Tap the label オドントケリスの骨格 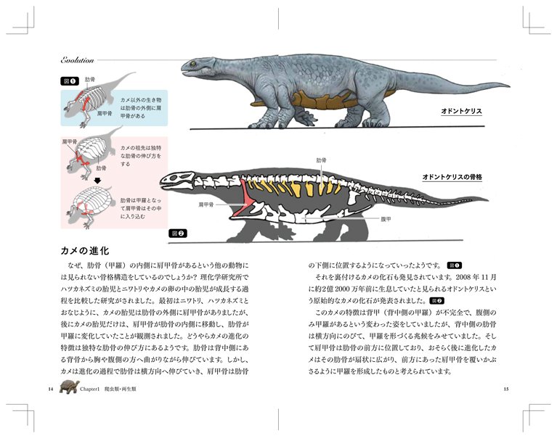point(452,176)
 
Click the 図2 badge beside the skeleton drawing point(177,234)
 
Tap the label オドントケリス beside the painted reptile point(462,112)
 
